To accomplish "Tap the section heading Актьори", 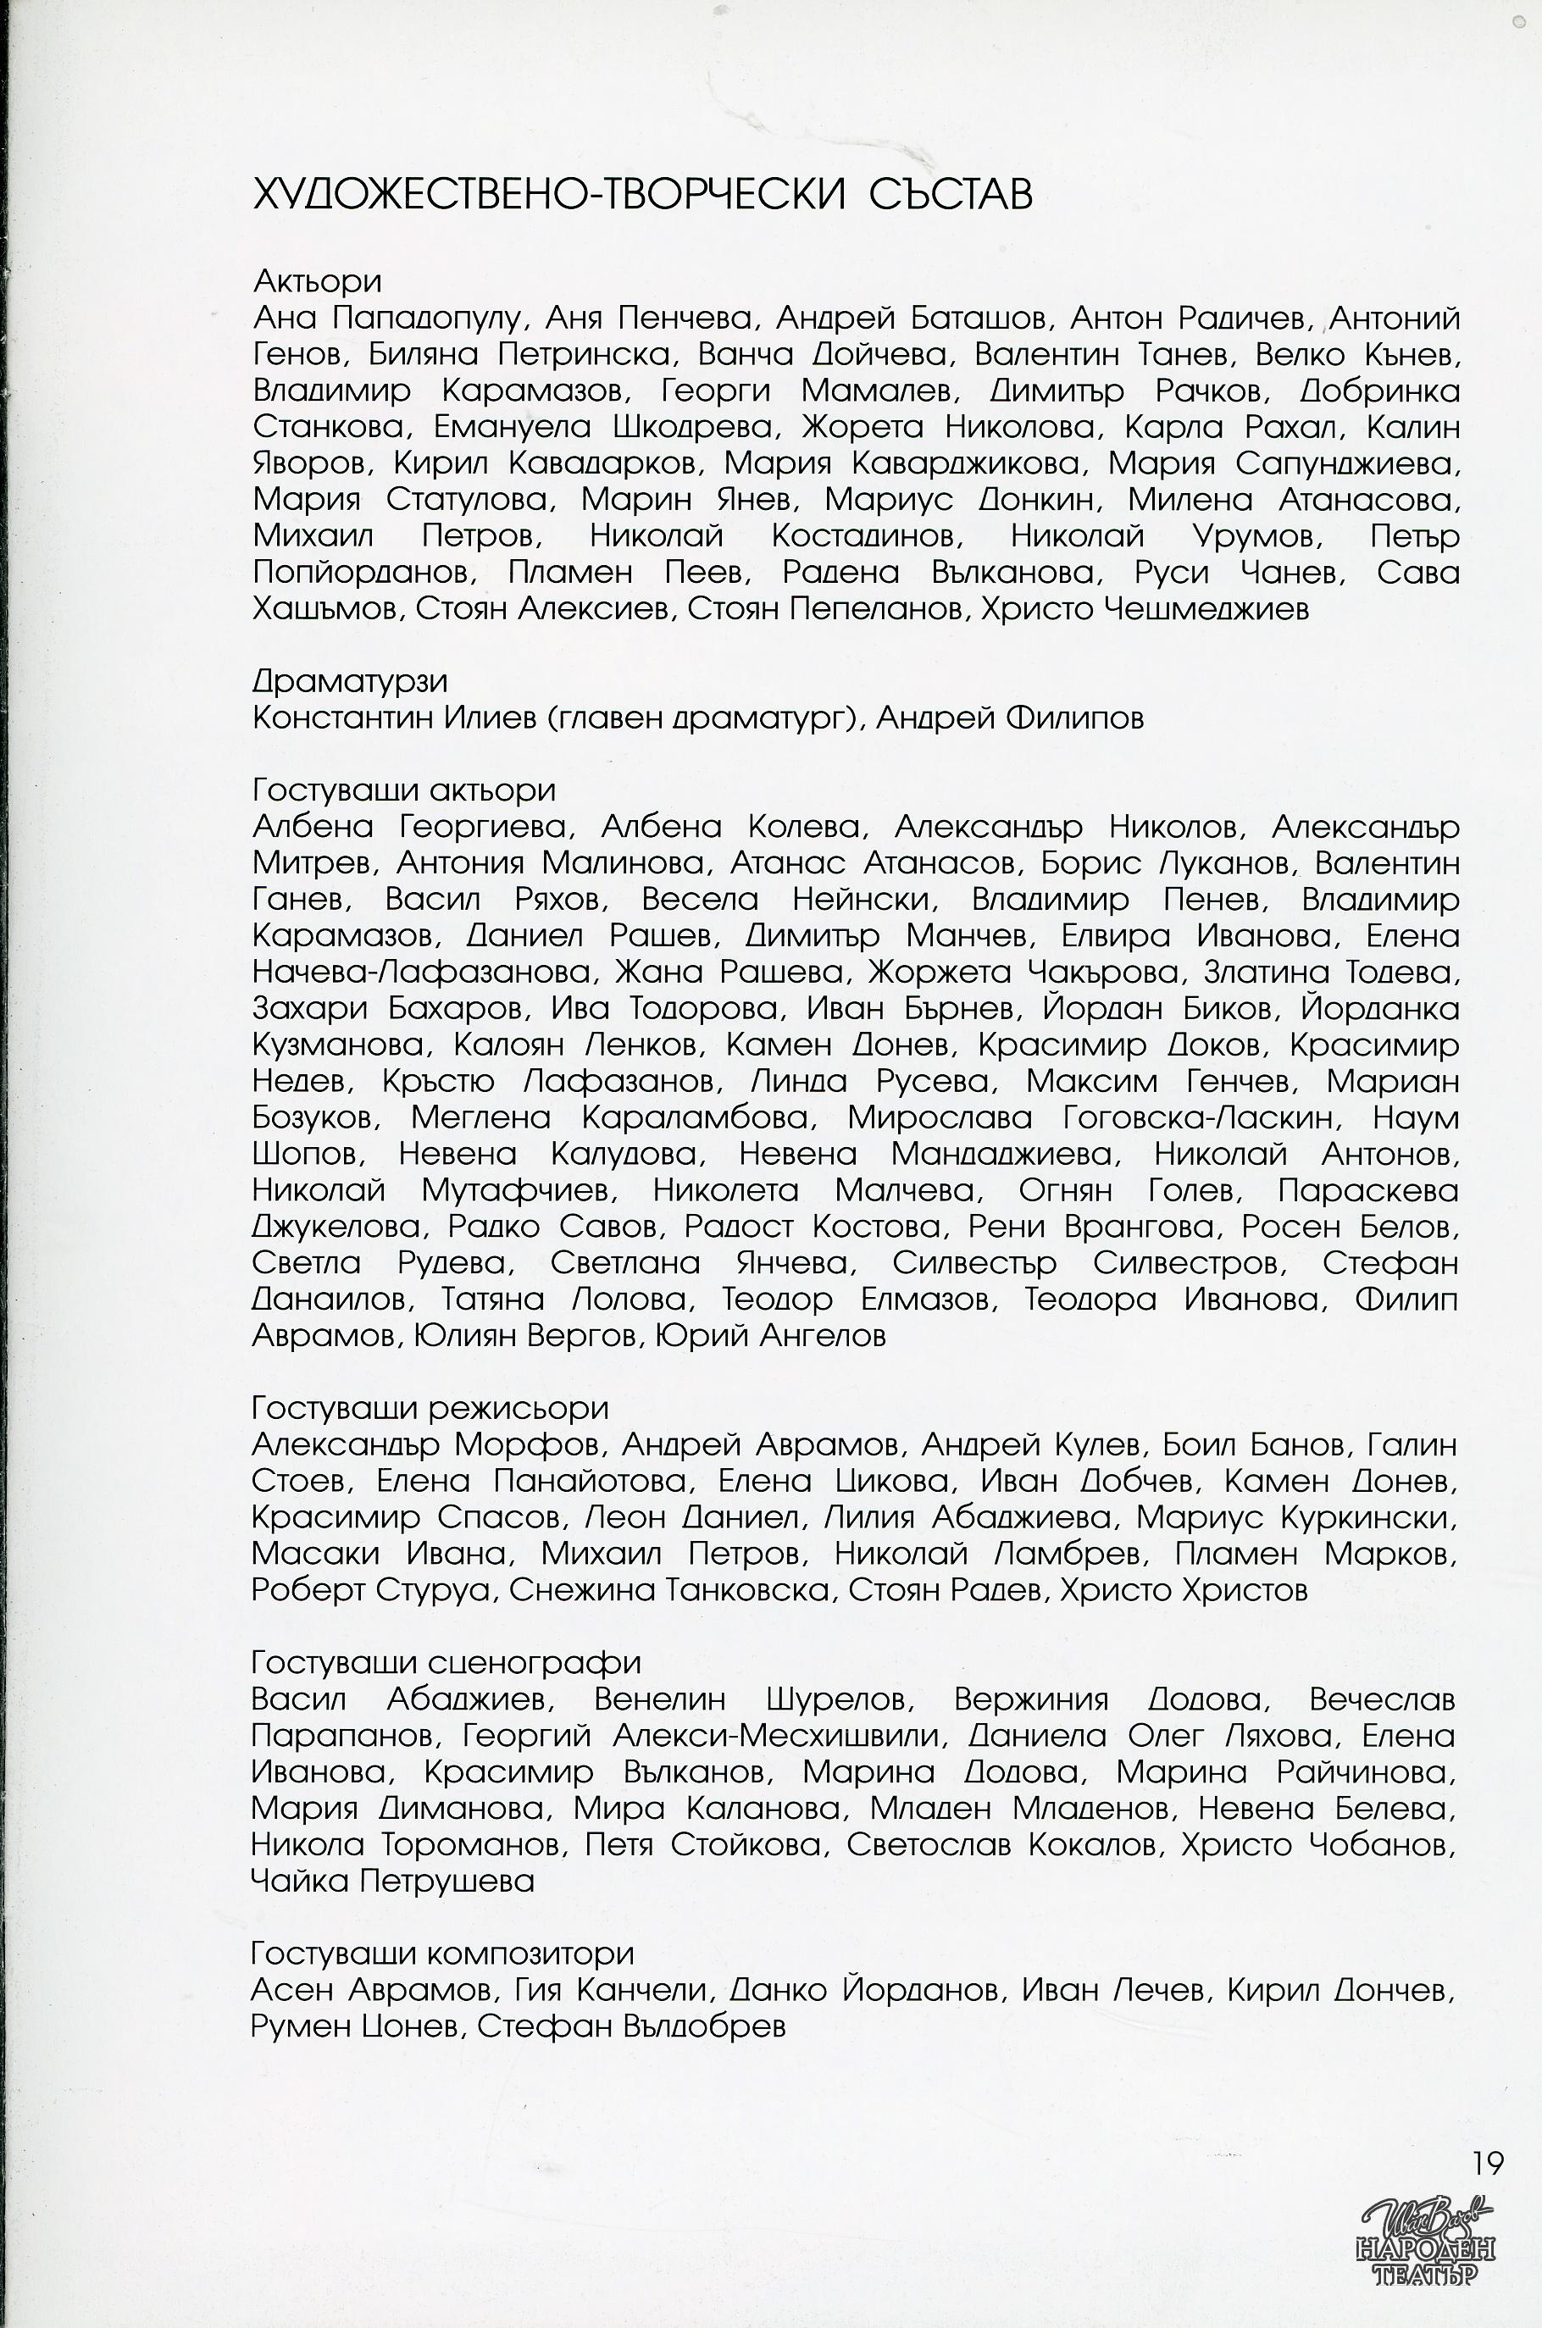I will (x=317, y=281).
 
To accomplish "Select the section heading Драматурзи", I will (x=349, y=680).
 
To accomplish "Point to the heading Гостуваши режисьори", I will (x=430, y=1407).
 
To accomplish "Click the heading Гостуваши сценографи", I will (x=446, y=1661).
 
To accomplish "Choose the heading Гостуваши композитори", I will (x=442, y=1953).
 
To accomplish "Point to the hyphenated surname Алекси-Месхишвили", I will (x=775, y=1735).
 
